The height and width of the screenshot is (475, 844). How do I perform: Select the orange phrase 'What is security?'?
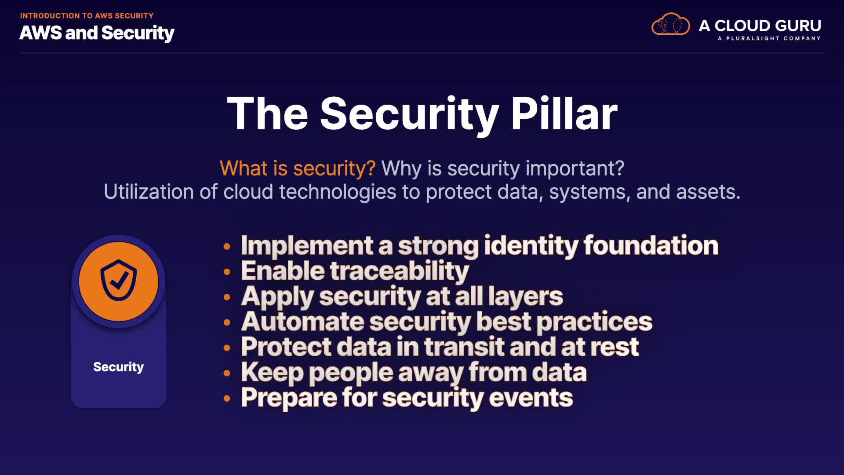point(298,168)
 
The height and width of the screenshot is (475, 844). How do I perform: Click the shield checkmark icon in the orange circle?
point(119,280)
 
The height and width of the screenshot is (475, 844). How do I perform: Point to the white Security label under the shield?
point(119,367)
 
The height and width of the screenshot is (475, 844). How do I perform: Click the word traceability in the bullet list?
point(399,271)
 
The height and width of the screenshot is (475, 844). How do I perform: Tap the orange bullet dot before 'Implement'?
point(227,246)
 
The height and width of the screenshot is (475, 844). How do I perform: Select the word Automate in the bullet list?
point(302,322)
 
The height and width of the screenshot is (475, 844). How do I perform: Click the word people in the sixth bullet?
point(351,373)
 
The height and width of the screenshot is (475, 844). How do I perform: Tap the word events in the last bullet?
point(531,398)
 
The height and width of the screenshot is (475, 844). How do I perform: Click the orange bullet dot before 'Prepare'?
point(227,399)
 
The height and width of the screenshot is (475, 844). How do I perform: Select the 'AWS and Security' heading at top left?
point(97,33)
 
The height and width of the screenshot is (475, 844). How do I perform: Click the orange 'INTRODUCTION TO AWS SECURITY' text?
point(87,16)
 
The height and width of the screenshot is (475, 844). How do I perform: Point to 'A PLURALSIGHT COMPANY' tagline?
point(769,38)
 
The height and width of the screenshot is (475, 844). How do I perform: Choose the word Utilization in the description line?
point(149,192)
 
